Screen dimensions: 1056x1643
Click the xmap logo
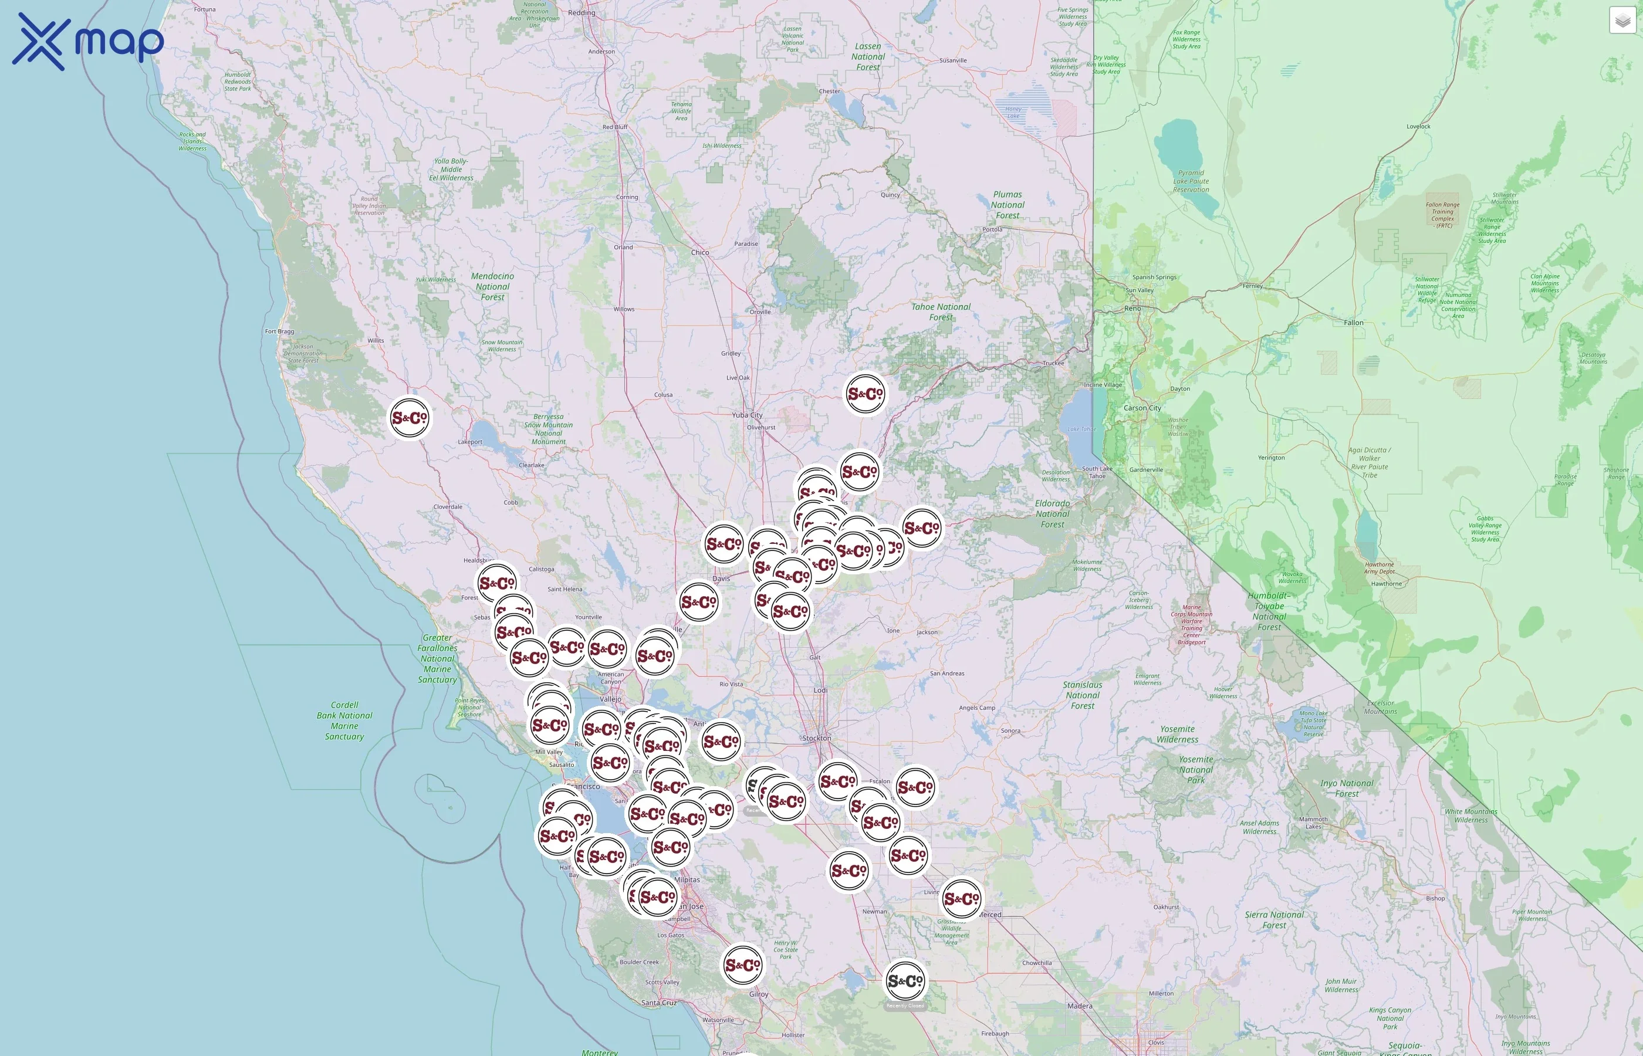[88, 41]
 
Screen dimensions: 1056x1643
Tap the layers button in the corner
[1622, 21]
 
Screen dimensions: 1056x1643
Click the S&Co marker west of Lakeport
[410, 417]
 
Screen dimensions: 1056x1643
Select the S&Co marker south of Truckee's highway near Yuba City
[866, 394]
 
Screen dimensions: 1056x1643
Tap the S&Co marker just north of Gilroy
[743, 965]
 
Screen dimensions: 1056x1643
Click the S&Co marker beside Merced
[961, 898]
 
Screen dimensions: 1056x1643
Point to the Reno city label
[1132, 309]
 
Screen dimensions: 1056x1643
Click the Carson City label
[1142, 408]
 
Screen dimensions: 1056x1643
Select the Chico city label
[700, 252]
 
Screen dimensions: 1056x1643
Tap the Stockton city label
[817, 738]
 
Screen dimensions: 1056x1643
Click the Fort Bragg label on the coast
[280, 331]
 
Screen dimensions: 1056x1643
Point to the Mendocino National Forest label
[492, 287]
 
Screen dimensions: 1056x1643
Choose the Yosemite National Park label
[1196, 769]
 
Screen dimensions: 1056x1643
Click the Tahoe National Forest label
[941, 312]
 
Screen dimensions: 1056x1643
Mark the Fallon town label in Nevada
[1354, 322]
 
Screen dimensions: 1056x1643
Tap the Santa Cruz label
[659, 1003]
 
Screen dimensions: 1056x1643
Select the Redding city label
[582, 12]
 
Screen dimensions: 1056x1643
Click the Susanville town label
[953, 60]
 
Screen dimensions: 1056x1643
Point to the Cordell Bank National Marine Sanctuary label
[344, 720]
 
